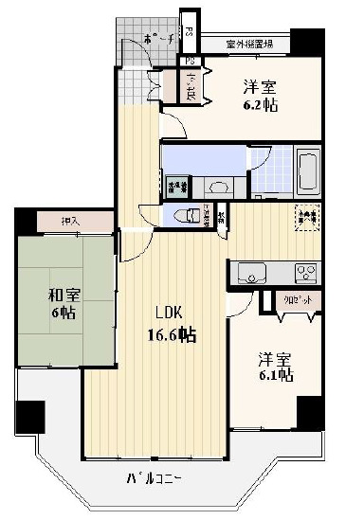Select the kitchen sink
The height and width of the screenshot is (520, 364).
[x=252, y=275]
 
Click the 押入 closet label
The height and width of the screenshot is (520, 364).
[x=71, y=222]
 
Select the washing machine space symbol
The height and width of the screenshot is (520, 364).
[x=177, y=185]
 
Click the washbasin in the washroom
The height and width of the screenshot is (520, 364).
[x=217, y=187]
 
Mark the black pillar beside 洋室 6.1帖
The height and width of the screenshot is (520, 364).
[x=309, y=413]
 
